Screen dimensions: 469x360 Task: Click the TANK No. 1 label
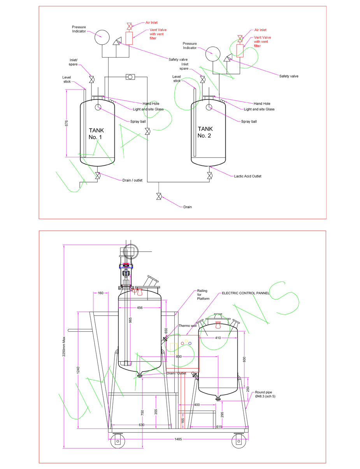[x=97, y=133]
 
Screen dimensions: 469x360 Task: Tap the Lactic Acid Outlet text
[x=248, y=176]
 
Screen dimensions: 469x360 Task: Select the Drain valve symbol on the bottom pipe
[x=159, y=196]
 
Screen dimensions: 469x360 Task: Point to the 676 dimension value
[x=67, y=123]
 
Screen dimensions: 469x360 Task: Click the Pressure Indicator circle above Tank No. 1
[x=102, y=37]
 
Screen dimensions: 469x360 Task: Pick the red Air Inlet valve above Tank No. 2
[x=240, y=38]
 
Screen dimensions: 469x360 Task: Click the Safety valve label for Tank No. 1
[x=178, y=60]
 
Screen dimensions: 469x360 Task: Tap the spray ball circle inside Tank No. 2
[x=209, y=107]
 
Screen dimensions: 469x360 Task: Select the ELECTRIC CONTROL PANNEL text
[x=242, y=293]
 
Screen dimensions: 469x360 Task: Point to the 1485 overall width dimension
[x=177, y=439]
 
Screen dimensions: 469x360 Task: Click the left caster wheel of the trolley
[x=117, y=441]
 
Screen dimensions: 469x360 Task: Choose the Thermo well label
[x=187, y=326]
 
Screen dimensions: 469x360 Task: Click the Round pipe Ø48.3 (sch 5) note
[x=266, y=395]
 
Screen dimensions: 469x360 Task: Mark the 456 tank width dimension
[x=140, y=307]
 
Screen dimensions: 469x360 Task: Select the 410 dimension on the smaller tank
[x=218, y=338]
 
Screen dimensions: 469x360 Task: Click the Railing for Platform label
[x=203, y=295]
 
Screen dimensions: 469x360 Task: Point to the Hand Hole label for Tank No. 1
[x=151, y=104]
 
